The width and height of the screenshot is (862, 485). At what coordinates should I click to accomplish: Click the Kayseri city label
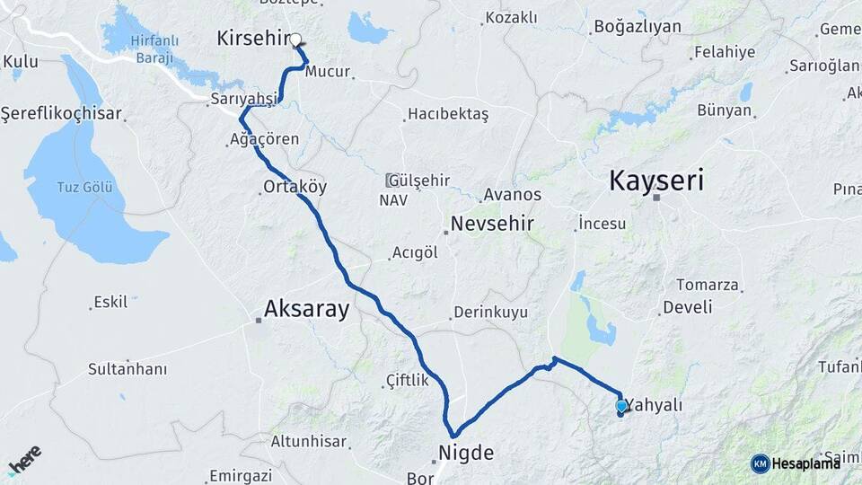(x=656, y=180)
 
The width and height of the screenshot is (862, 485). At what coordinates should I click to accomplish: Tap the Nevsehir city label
(x=492, y=224)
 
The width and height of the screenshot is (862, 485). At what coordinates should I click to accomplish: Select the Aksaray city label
(x=306, y=309)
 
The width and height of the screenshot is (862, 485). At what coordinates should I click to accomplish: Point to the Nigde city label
(x=465, y=453)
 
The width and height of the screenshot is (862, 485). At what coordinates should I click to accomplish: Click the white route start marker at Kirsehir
(x=295, y=40)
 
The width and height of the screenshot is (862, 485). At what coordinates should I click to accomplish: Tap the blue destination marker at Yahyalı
(x=621, y=406)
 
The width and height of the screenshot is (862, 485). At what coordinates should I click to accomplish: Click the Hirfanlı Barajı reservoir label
(x=154, y=49)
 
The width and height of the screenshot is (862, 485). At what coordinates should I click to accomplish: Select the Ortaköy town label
(x=295, y=187)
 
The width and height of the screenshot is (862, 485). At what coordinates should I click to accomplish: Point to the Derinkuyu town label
(x=490, y=312)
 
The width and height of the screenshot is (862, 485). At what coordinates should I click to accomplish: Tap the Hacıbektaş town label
(x=448, y=114)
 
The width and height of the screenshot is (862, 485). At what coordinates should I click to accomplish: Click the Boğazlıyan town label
(x=637, y=27)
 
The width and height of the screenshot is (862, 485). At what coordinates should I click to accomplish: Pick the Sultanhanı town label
(x=128, y=368)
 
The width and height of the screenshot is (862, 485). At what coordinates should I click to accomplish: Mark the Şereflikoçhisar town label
(x=61, y=114)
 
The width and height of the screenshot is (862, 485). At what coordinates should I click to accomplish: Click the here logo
(x=24, y=459)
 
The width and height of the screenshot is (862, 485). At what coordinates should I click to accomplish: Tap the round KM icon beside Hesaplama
(x=760, y=463)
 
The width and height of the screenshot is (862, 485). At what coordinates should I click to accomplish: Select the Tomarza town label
(x=708, y=285)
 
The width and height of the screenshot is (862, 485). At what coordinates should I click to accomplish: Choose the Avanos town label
(x=512, y=194)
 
